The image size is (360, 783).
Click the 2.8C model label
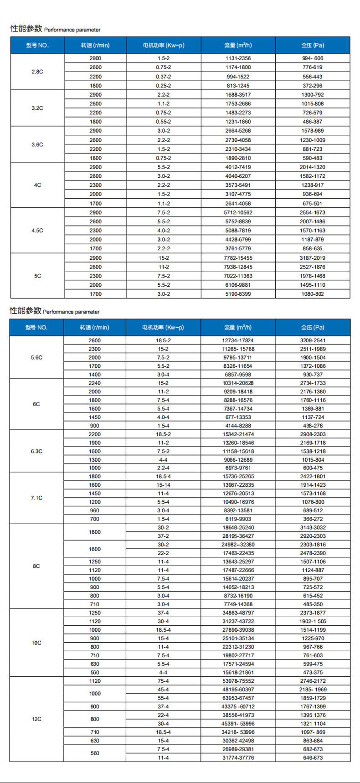[37, 72]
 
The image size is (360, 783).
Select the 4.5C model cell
[37, 231]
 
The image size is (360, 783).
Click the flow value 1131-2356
[238, 58]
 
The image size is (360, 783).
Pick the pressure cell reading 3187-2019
[313, 258]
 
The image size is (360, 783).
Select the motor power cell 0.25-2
[163, 86]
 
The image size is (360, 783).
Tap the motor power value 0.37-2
[163, 77]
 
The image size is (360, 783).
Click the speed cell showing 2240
[95, 383]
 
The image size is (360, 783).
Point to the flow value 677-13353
[238, 417]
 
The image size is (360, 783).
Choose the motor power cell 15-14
[163, 485]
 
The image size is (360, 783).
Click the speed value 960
[95, 510]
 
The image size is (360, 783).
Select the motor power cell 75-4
[163, 681]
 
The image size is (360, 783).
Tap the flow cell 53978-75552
[238, 681]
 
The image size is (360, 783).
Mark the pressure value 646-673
[313, 757]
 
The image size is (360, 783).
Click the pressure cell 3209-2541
[313, 340]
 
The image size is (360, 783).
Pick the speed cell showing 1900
[95, 443]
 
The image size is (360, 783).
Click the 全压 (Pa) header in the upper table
[313, 46]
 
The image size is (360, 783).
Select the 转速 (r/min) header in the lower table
[95, 328]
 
